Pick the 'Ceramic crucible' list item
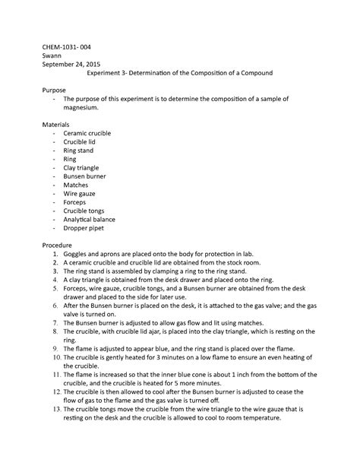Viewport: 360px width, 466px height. [87, 133]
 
